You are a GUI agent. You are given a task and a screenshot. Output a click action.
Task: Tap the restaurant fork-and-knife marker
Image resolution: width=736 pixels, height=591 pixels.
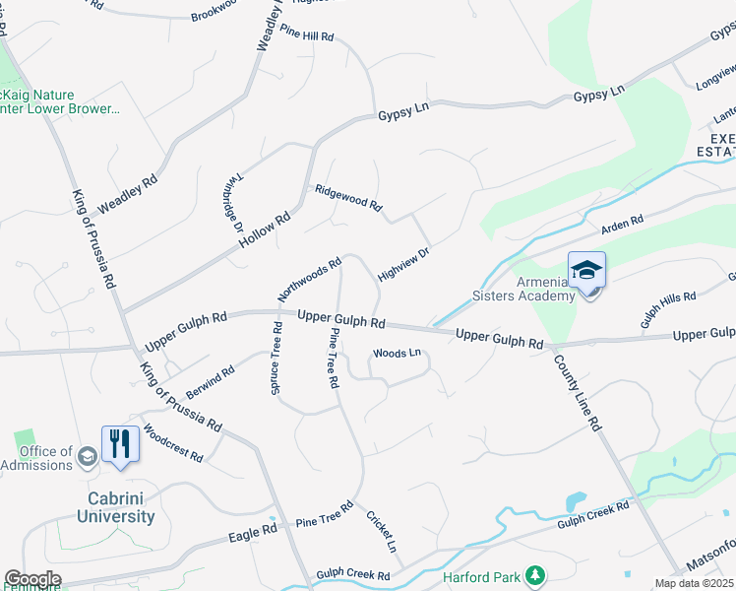120,443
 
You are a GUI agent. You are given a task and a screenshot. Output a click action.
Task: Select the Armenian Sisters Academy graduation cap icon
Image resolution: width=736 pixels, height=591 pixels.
586,270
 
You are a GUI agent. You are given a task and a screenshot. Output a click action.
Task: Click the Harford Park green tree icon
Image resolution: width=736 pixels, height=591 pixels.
534,574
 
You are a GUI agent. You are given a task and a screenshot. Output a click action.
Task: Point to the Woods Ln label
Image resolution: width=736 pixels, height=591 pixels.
397,353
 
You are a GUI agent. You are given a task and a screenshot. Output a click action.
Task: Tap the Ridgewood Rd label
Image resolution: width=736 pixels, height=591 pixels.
347,197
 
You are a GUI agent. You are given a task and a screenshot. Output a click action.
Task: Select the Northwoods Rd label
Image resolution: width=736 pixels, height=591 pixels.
309,279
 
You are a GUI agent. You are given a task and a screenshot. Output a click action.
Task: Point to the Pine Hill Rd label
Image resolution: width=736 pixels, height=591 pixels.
307,34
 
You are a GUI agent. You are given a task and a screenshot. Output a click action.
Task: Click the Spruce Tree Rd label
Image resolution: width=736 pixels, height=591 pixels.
276,361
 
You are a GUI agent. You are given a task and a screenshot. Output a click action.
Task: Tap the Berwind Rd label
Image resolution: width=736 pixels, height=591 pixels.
210,380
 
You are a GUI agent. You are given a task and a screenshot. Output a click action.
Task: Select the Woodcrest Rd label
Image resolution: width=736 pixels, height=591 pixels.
172,444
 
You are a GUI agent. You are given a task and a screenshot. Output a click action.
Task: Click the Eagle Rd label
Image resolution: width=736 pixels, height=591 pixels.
253,533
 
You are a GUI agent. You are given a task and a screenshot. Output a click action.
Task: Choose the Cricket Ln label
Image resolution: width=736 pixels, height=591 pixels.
382,531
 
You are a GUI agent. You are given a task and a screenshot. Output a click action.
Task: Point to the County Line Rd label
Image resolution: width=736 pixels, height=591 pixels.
577,394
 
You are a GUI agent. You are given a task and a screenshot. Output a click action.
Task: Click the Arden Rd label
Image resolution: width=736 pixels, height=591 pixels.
622,225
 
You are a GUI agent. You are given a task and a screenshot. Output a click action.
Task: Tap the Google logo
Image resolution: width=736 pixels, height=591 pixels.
32,578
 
